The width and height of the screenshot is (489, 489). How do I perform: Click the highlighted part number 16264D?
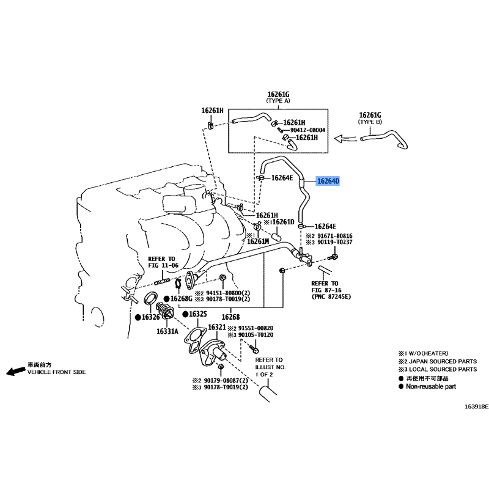[x=328, y=181]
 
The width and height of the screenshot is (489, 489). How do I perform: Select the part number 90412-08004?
[x=307, y=130]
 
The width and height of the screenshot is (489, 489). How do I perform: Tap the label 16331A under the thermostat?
[x=167, y=331]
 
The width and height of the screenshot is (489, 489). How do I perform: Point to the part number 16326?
[x=150, y=317]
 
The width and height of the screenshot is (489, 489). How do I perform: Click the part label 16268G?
[x=182, y=299]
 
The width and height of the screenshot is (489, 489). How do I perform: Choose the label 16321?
[x=217, y=327]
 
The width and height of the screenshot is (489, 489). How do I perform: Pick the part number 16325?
[x=197, y=314]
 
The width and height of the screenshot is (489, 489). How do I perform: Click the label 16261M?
[x=258, y=241]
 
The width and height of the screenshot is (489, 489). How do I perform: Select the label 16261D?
[x=283, y=222]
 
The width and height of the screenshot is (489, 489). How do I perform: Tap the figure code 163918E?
[x=477, y=406]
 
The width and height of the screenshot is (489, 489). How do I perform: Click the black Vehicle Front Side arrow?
[x=16, y=371]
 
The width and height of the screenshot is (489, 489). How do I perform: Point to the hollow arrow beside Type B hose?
[x=345, y=138]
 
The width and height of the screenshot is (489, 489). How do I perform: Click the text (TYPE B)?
[x=370, y=122]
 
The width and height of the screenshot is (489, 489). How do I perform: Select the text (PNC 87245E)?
[x=331, y=296]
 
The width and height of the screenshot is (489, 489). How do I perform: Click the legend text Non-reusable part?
[x=431, y=386]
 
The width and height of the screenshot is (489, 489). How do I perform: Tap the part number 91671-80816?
[x=334, y=236]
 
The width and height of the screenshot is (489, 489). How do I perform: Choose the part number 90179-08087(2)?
[x=226, y=380]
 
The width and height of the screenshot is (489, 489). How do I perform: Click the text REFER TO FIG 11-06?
[x=163, y=262]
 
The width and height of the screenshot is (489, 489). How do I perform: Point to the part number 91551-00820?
[x=256, y=328]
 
